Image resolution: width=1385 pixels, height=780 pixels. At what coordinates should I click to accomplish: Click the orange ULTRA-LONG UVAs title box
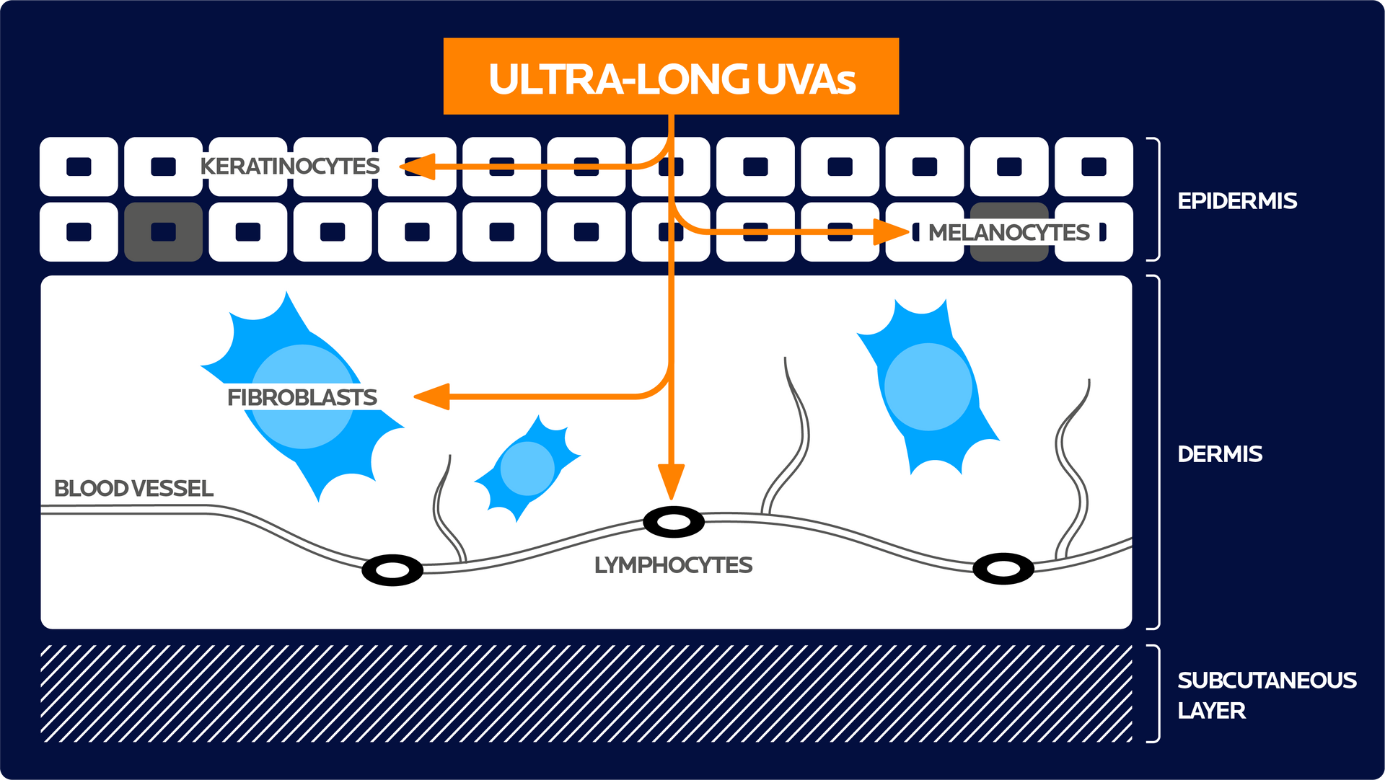[671, 76]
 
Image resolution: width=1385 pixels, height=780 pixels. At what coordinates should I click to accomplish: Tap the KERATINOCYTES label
[289, 167]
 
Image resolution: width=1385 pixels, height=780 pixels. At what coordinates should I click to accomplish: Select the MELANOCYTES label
[1008, 233]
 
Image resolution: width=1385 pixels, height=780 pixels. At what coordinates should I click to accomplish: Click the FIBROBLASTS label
[302, 397]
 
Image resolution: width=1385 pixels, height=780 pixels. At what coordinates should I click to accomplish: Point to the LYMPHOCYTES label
[673, 565]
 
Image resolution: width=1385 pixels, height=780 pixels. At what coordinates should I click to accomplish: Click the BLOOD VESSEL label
[133, 489]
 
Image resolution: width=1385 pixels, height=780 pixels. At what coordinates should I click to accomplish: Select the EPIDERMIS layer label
[1236, 201]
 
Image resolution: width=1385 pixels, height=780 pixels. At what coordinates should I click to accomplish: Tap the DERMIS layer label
[1219, 454]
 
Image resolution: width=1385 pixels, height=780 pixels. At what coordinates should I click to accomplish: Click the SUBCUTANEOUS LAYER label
[1266, 695]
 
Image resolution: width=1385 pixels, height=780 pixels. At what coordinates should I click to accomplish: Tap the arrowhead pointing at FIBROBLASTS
[433, 396]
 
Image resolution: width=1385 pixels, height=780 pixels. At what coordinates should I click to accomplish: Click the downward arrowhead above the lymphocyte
[671, 482]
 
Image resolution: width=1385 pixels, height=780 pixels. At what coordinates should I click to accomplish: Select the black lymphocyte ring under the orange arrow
[674, 522]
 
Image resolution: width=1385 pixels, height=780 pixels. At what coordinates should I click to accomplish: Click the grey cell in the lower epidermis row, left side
[163, 232]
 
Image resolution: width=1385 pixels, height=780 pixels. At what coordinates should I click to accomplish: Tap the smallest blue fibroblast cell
[527, 469]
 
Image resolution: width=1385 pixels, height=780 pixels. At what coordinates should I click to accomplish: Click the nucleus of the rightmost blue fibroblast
[928, 387]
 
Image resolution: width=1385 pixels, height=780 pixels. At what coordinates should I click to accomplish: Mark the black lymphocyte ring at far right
[1003, 569]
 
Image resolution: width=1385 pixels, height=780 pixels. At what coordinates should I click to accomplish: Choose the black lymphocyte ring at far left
[392, 570]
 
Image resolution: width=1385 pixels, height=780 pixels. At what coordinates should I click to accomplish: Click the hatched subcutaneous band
[586, 693]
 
